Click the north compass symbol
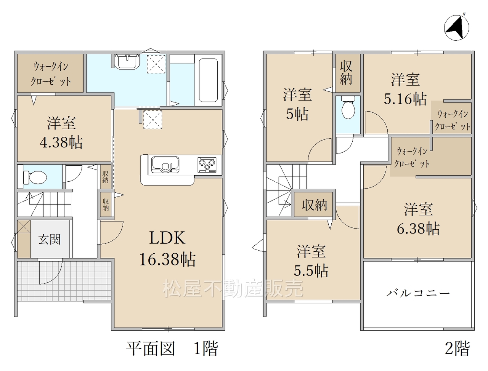pos(456,28)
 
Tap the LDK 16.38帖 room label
pos(167,248)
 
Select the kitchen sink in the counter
pos(165,165)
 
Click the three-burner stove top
pos(207,165)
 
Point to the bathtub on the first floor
pos(208,80)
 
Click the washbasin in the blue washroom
pos(127,61)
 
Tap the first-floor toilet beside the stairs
pos(35,177)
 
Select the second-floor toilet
pos(348,107)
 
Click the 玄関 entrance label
pos(49,239)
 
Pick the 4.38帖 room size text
pos(61,142)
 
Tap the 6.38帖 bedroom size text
pos(418,229)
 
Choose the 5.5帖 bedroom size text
pos(311,270)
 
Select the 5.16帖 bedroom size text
pos(405,99)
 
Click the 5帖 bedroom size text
pos(297,114)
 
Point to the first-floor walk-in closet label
pos(50,74)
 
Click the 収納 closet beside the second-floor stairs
pos(315,205)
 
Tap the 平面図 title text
pos(151,349)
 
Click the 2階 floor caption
pos(457,349)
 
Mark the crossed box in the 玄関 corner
pos(24,227)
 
